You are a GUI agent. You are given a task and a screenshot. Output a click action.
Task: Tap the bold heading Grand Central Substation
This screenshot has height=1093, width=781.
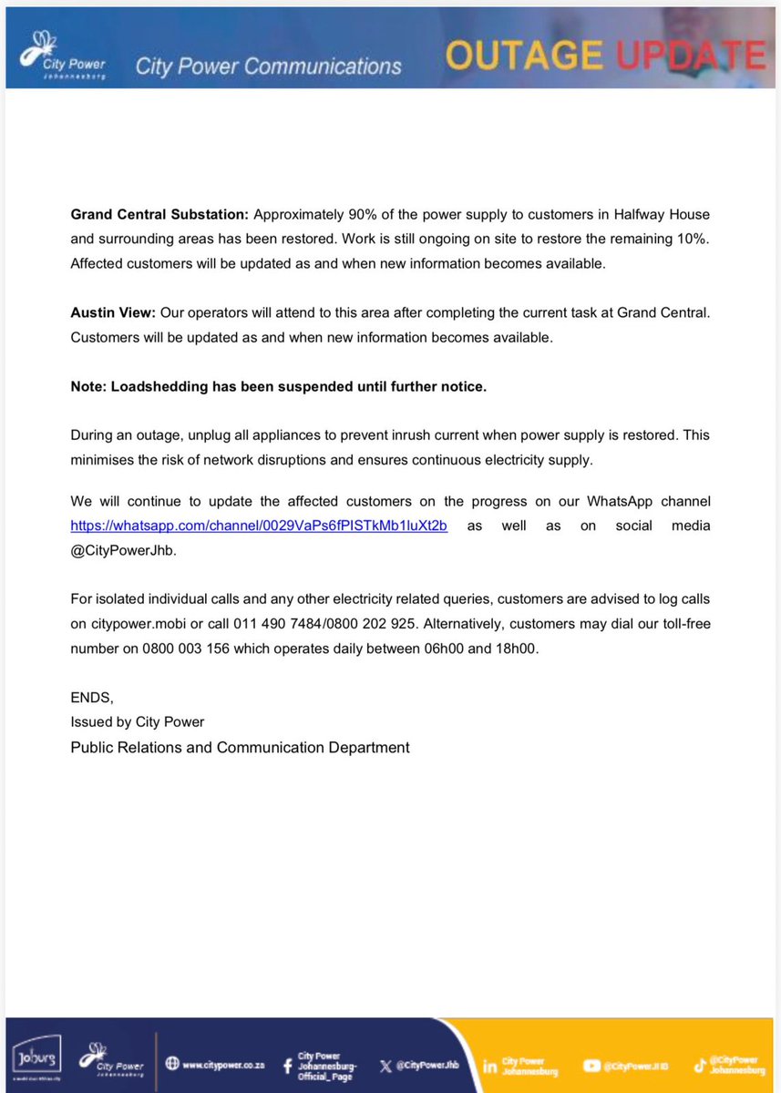(x=159, y=215)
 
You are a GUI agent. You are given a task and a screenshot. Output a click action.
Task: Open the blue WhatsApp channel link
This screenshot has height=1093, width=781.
(x=259, y=526)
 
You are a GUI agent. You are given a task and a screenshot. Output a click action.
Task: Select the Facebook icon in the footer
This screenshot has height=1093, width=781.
(x=287, y=1064)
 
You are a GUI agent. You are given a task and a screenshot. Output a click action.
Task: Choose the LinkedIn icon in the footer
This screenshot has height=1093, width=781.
(x=490, y=1065)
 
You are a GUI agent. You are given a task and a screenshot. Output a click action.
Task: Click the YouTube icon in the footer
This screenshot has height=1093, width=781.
(x=592, y=1065)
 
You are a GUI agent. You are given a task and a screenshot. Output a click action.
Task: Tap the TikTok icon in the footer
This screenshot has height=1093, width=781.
(x=699, y=1065)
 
